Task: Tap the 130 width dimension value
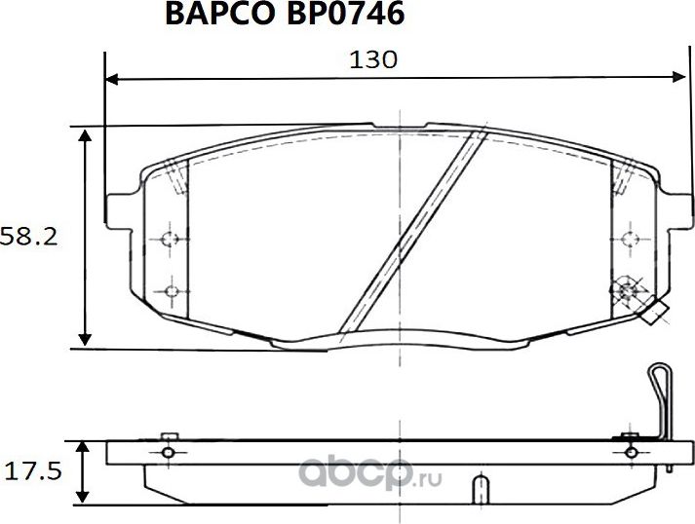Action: [374, 59]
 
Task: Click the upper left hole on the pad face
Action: [171, 239]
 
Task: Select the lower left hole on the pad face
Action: [171, 290]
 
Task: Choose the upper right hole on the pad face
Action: [628, 238]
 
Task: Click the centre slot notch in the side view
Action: [480, 487]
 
